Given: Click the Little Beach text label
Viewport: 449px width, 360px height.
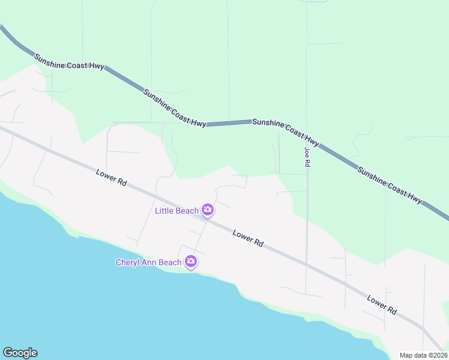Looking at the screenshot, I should (176, 211).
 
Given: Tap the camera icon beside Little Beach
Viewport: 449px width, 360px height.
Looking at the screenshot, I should (208, 209).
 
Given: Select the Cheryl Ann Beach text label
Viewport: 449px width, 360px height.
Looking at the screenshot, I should (148, 262).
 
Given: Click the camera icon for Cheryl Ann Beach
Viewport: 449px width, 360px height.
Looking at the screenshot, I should (191, 261).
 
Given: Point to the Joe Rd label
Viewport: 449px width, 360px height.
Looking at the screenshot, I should (307, 157).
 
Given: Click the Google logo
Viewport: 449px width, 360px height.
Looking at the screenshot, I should (20, 353).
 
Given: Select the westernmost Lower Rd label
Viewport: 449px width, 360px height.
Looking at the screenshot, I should (111, 177).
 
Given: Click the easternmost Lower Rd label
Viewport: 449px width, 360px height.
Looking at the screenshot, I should (382, 305).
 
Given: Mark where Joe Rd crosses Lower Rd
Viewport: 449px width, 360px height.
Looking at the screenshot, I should (306, 263).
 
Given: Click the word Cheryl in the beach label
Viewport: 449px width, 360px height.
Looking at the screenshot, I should (128, 262).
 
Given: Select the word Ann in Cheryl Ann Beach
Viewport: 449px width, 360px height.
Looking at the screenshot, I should (150, 262).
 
